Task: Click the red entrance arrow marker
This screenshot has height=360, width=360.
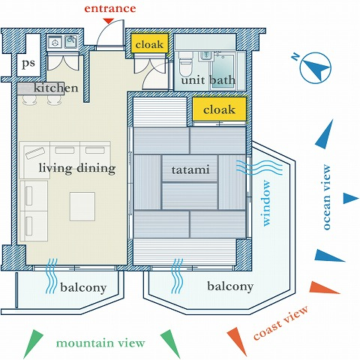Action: click(109, 21)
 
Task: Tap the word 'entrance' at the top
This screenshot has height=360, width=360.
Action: click(110, 8)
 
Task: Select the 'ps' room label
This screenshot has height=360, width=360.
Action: click(28, 64)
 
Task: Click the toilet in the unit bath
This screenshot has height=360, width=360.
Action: click(186, 64)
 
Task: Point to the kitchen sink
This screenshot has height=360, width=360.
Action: click(71, 41)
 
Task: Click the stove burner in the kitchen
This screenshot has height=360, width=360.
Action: click(55, 42)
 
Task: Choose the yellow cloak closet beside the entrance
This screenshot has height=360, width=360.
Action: click(149, 43)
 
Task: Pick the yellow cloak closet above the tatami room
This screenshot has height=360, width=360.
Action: click(219, 109)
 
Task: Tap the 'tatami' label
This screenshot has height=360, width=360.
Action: click(190, 170)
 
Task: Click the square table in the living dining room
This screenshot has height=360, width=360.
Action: click(82, 206)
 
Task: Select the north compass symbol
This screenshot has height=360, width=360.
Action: click(315, 67)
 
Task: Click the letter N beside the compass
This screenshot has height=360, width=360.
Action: click(296, 57)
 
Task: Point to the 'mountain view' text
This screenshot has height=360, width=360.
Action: click(100, 343)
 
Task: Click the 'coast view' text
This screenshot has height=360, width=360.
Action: click(281, 322)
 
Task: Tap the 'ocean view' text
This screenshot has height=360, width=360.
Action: click(326, 197)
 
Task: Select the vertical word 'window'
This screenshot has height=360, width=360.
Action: click(266, 203)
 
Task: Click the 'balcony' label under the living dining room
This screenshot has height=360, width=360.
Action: click(83, 288)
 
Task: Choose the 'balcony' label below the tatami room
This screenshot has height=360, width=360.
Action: click(230, 286)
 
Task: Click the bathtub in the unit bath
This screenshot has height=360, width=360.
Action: click(223, 71)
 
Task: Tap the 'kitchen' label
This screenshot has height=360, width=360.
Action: click(55, 88)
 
